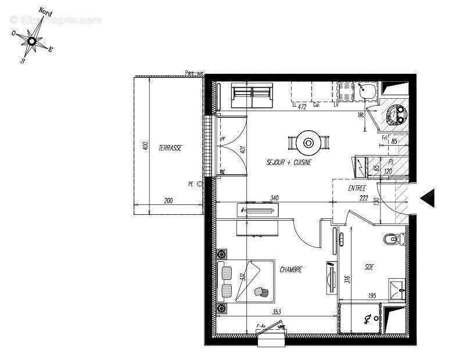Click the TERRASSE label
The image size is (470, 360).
pos(170,149)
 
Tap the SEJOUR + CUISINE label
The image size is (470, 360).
pos(289,163)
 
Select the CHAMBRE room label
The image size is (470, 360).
pos(290,269)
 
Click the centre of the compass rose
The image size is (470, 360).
pos(32,41)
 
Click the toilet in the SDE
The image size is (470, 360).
pos(393,238)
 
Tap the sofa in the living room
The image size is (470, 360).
pos(252,96)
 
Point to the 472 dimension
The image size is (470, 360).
pos(302,107)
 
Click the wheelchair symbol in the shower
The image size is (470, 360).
pos(368,318)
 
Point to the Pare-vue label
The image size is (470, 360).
pos(194,73)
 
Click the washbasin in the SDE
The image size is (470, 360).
pos(397,287)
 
